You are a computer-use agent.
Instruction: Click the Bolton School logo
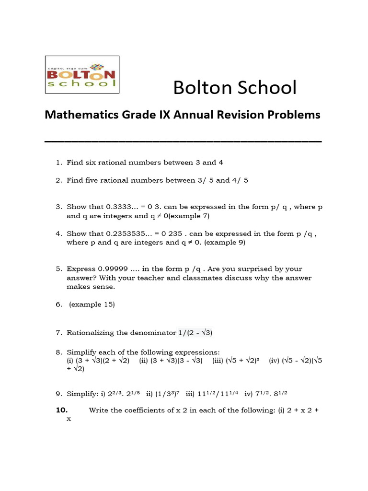(82, 74)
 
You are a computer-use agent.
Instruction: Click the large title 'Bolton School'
(235, 87)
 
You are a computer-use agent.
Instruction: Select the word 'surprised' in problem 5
(259, 269)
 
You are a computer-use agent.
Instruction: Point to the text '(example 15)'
(92, 304)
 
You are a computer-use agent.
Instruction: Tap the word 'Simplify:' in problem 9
(82, 394)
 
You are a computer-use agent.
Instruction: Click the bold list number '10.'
(62, 410)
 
